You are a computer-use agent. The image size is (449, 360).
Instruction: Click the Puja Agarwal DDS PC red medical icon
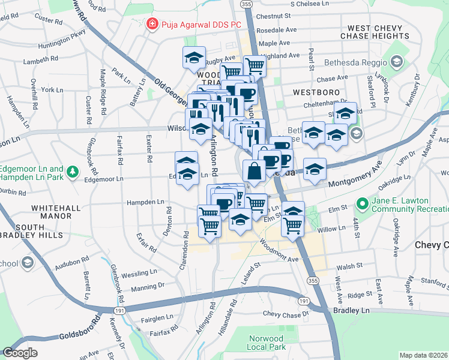point(152,24)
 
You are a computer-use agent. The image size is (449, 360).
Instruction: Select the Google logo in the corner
point(20,353)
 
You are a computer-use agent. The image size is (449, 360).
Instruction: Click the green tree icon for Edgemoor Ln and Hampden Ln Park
point(73,173)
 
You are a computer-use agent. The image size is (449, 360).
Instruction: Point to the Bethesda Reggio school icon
point(396,62)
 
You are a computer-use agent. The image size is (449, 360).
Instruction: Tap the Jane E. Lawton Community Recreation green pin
point(361,204)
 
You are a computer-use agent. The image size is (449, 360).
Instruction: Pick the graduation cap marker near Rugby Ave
point(194,58)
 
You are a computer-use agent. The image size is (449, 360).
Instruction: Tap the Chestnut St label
point(277,16)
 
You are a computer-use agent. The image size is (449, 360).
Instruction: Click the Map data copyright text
point(424,355)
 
